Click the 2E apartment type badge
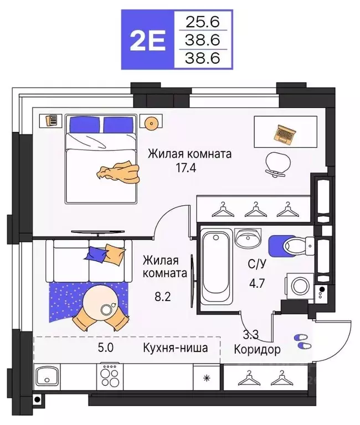(x=147, y=40)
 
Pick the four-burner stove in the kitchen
(x=110, y=378)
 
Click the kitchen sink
(x=49, y=379)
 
